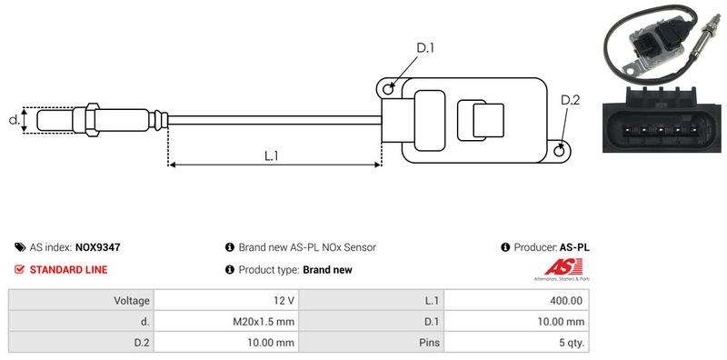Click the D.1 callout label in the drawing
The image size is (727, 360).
pos(424,48)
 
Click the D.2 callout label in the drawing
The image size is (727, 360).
pos(571,100)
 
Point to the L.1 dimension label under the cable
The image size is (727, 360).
pos(271,155)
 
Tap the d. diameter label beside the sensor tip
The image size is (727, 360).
pos(15,120)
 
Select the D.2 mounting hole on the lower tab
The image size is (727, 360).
pos(560,150)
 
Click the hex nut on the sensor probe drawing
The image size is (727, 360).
pos(93,120)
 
